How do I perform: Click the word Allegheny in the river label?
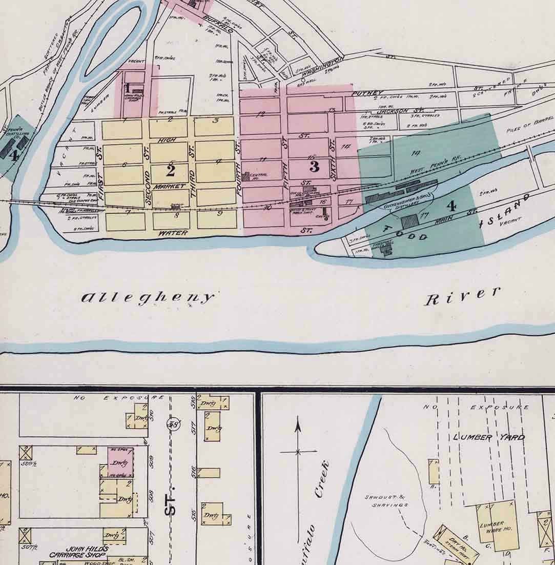148,298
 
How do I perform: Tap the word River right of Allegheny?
462,296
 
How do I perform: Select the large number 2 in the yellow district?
171,170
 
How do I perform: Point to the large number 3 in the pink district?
314,166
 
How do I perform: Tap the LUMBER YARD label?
489,437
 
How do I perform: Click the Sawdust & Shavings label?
386,501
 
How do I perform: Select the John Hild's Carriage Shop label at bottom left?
79,552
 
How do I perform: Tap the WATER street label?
171,233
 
